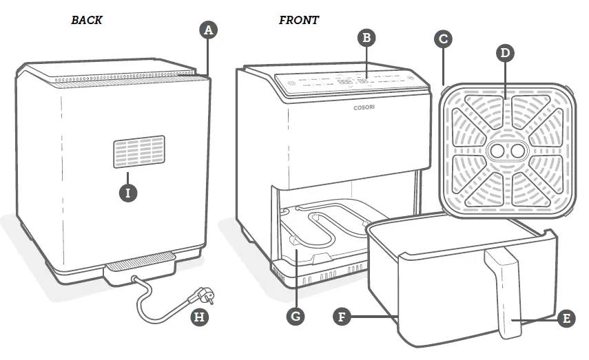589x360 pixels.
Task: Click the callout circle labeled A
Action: point(208,30)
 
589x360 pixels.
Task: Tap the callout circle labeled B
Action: point(367,38)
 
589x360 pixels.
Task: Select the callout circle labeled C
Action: point(444,39)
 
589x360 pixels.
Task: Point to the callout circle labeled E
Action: point(565,318)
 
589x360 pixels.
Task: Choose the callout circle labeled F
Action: point(341,317)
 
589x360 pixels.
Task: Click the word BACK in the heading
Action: point(87,21)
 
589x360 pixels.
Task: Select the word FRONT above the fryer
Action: point(298,21)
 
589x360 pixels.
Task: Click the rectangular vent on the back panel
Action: point(139,151)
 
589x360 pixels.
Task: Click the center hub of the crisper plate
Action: point(505,150)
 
